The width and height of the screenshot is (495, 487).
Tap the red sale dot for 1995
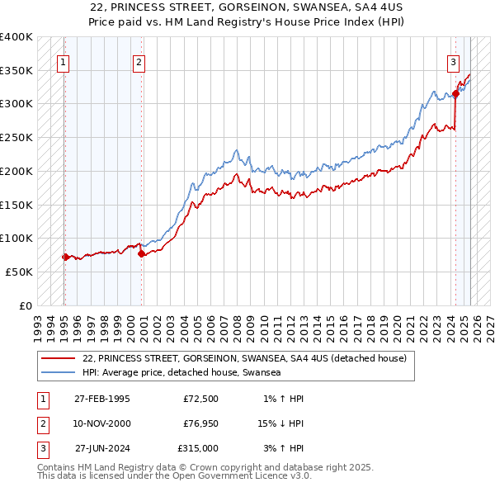tap(65, 257)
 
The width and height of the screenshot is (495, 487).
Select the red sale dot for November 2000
tap(141, 254)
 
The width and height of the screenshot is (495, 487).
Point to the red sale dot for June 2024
tap(456, 95)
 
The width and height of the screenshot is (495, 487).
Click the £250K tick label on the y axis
tap(16, 137)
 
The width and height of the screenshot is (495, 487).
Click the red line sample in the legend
tap(58, 359)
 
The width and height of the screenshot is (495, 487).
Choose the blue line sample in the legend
tap(58, 373)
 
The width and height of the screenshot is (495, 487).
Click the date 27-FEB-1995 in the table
tap(102, 400)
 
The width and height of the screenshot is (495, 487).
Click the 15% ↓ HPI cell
tap(280, 423)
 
